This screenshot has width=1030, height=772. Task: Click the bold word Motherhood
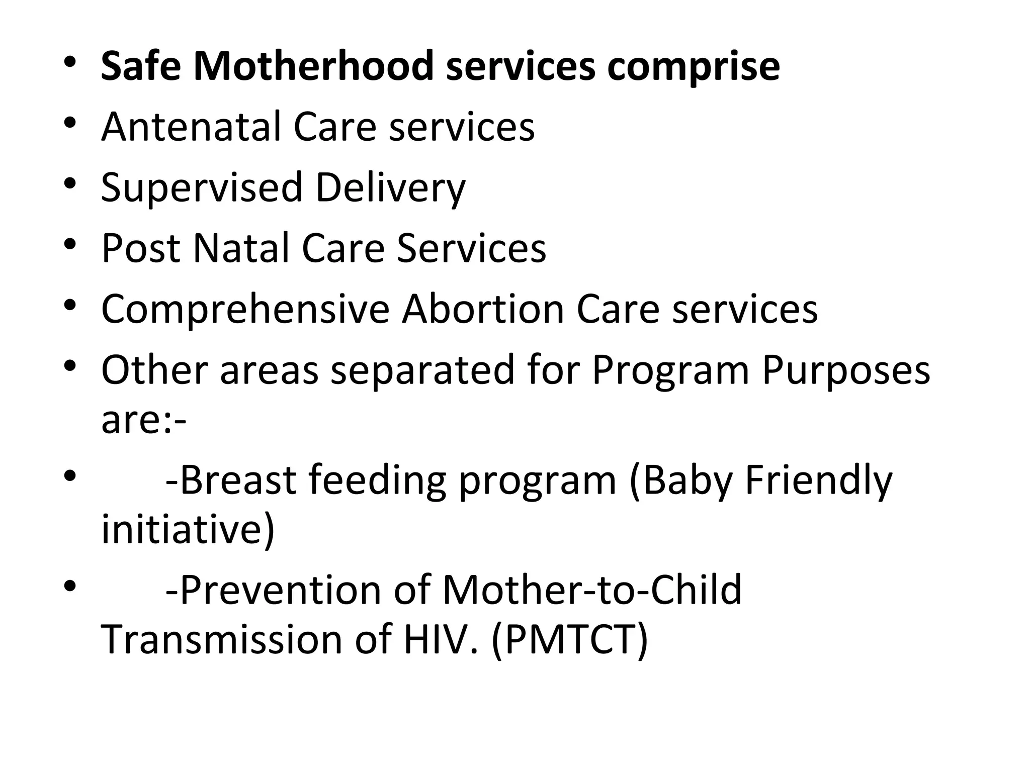coord(313,66)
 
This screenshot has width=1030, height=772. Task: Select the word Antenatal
coord(191,127)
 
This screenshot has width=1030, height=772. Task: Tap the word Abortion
coord(483,309)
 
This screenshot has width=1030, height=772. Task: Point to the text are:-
coord(144,421)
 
